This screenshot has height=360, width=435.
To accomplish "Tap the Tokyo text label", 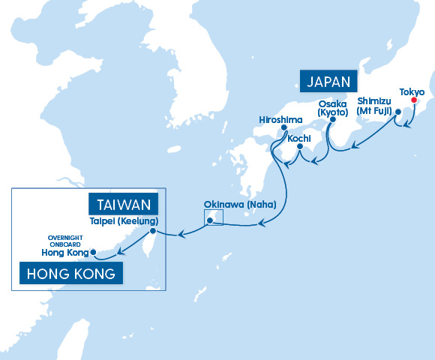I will coord(412,91).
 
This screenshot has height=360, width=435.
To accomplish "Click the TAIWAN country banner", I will coord(124,204).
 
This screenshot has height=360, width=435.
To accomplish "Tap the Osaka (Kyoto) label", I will coord(332,107).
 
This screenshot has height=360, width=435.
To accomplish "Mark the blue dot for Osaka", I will coord(331,118).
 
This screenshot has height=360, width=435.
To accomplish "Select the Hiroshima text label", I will coord(280,118).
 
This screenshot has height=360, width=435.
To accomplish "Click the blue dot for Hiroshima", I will coord(283,127).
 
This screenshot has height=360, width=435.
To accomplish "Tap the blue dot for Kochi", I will coord(299,146).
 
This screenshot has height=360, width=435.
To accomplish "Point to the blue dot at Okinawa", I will coord(210,220).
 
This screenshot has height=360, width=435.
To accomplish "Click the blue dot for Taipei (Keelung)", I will coord(153,231).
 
